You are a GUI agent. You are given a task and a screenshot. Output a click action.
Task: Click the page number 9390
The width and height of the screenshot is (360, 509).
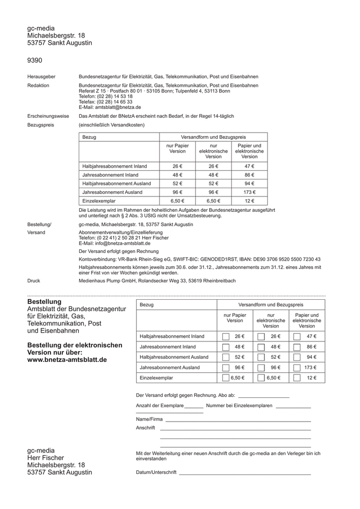tap(35, 61)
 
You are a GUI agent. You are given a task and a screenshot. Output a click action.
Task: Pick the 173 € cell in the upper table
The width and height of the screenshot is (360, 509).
tap(249, 192)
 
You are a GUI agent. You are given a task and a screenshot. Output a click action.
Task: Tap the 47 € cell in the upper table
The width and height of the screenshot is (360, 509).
tap(249, 166)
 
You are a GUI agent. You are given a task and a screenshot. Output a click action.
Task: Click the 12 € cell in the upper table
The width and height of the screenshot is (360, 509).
tap(249, 201)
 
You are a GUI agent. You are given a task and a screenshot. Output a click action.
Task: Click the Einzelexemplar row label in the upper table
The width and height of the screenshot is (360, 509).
tap(99, 201)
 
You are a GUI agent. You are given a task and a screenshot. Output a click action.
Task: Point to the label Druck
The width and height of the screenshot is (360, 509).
tap(33, 281)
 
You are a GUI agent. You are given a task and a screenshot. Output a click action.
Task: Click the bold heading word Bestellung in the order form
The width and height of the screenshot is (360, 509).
tap(44, 302)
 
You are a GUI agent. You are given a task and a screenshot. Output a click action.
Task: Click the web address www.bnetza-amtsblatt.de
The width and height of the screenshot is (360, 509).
tap(67, 360)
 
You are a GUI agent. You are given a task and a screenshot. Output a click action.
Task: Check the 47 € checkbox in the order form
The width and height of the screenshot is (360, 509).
tap(297, 336)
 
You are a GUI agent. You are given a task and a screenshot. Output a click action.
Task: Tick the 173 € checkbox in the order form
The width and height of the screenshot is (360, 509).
tap(297, 368)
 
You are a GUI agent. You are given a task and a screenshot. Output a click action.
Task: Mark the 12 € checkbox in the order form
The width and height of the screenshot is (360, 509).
tap(297, 378)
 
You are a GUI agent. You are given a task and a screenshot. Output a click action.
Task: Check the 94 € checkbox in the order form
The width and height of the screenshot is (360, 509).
tap(297, 357)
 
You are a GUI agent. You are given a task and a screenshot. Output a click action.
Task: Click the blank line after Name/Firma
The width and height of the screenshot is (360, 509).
tap(238, 420)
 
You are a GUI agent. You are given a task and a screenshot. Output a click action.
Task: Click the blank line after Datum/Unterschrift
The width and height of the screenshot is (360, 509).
tap(245, 473)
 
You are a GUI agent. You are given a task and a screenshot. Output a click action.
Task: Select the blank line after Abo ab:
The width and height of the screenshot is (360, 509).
tap(263, 396)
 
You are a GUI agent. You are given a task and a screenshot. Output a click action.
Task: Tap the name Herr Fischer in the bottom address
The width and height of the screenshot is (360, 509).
tap(46, 458)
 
